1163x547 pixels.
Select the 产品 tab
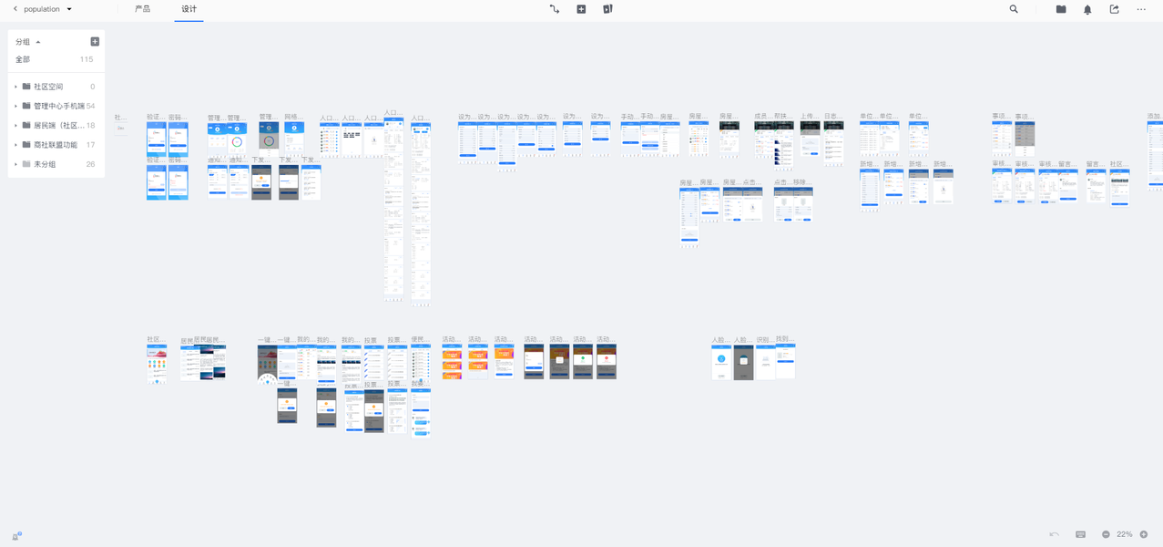click(143, 9)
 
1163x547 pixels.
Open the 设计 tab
click(189, 9)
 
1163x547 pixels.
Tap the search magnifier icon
click(1014, 9)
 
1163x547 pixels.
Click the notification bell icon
click(1087, 9)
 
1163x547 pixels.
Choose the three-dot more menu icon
click(1141, 9)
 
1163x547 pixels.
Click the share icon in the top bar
click(1114, 9)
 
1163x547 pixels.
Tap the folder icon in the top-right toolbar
click(1061, 9)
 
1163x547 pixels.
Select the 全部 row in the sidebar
click(24, 59)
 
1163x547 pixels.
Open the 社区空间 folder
click(47, 87)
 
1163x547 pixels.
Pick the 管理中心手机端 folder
click(58, 106)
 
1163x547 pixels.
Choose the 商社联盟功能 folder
click(55, 145)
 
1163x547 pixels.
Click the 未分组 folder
click(45, 164)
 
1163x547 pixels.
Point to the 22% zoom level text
click(1125, 534)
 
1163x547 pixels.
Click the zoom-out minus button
click(1106, 534)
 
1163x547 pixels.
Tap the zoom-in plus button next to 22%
click(1144, 534)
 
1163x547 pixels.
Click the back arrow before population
click(15, 9)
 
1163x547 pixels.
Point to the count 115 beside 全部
click(87, 59)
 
